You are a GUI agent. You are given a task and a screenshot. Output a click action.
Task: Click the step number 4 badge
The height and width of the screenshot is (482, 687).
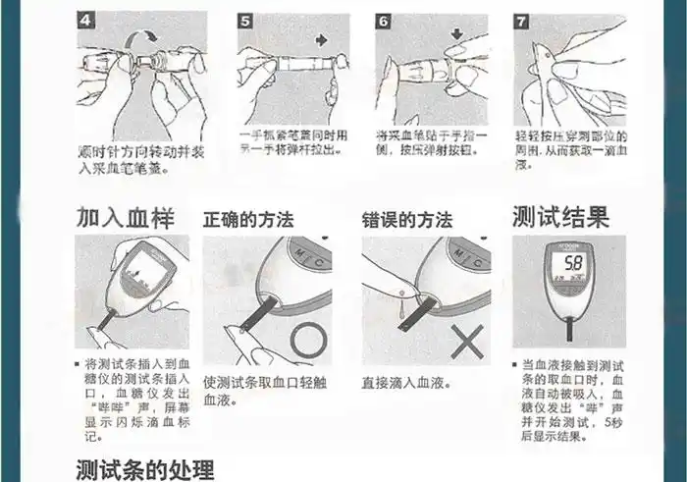86,21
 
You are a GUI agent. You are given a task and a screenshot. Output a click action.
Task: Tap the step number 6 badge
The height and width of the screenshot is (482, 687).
384,21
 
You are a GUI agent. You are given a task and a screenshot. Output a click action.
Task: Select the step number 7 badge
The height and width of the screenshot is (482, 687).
522,21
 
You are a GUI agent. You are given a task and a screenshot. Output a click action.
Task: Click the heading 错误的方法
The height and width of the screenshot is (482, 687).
406,219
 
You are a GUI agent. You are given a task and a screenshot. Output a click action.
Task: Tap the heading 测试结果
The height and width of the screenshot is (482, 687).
560,216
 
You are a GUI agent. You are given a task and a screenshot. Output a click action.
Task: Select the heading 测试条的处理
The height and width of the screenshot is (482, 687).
145,469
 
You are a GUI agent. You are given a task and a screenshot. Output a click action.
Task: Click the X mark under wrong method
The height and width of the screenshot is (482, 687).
468,344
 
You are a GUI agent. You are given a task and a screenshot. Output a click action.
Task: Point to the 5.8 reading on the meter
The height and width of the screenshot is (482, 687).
574,263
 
